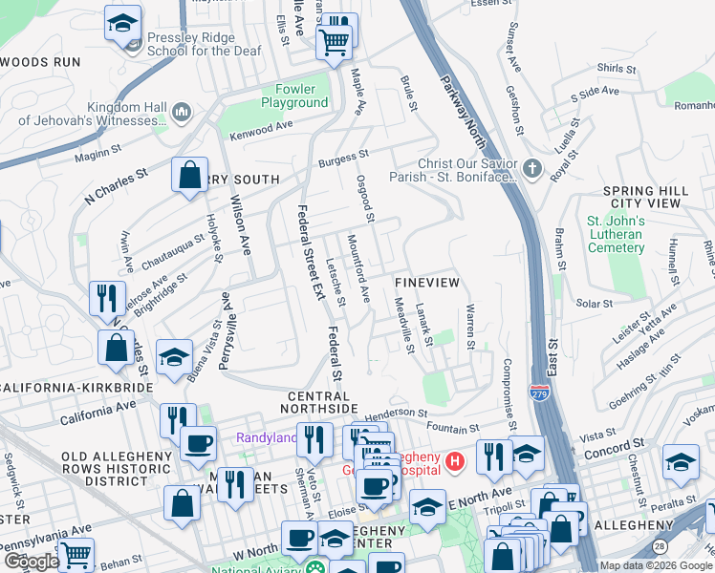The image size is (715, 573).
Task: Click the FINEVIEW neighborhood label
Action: click(x=427, y=284)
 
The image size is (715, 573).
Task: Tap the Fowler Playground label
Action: click(x=294, y=95)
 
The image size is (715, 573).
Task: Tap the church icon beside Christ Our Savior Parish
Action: click(x=532, y=170)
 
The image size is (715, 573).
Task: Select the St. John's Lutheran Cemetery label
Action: click(x=615, y=235)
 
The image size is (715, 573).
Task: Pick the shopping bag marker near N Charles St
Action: click(x=189, y=176)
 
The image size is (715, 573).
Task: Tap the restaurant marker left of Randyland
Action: click(x=177, y=420)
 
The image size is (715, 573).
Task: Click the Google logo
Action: click(x=31, y=562)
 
